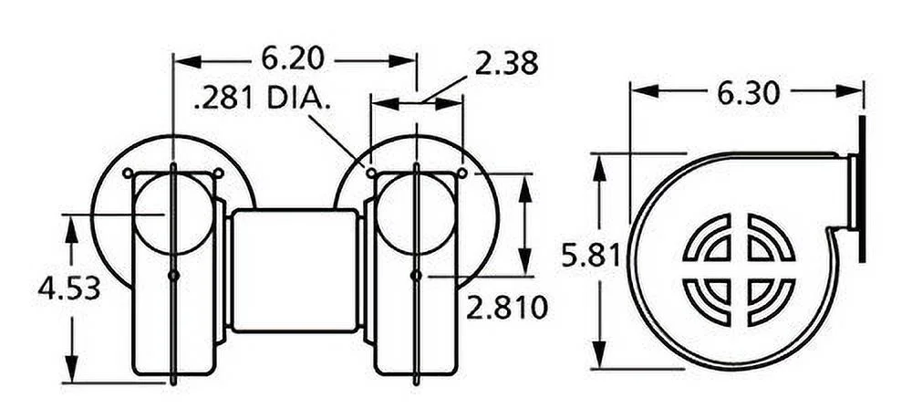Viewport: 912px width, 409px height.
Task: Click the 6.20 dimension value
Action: click(293, 59)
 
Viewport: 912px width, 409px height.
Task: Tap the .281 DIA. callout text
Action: click(262, 98)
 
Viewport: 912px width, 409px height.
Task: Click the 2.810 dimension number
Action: click(508, 307)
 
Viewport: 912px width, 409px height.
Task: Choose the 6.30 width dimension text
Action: click(747, 91)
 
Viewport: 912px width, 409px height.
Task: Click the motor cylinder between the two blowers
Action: click(294, 269)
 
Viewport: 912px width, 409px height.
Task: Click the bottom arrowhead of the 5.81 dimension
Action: click(598, 357)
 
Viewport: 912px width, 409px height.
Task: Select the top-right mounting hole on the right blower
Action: click(462, 173)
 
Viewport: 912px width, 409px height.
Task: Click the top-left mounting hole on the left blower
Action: click(129, 173)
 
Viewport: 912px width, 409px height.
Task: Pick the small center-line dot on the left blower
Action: click(173, 275)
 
